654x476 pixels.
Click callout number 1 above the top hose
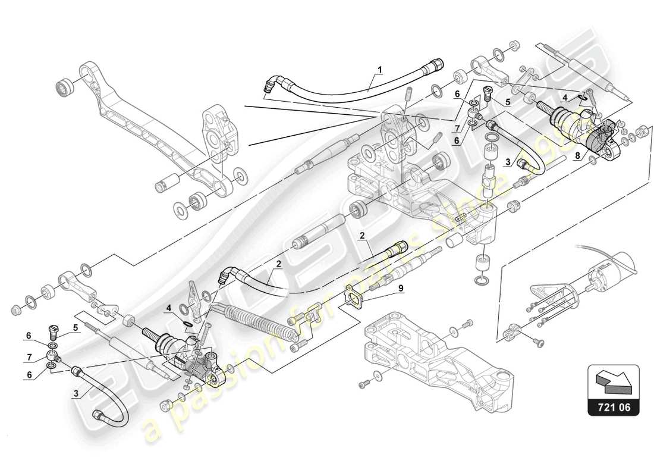pyautogui.click(x=379, y=70)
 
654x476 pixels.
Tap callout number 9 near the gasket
pyautogui.click(x=400, y=289)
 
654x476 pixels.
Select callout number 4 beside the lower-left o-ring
pyautogui.click(x=169, y=308)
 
